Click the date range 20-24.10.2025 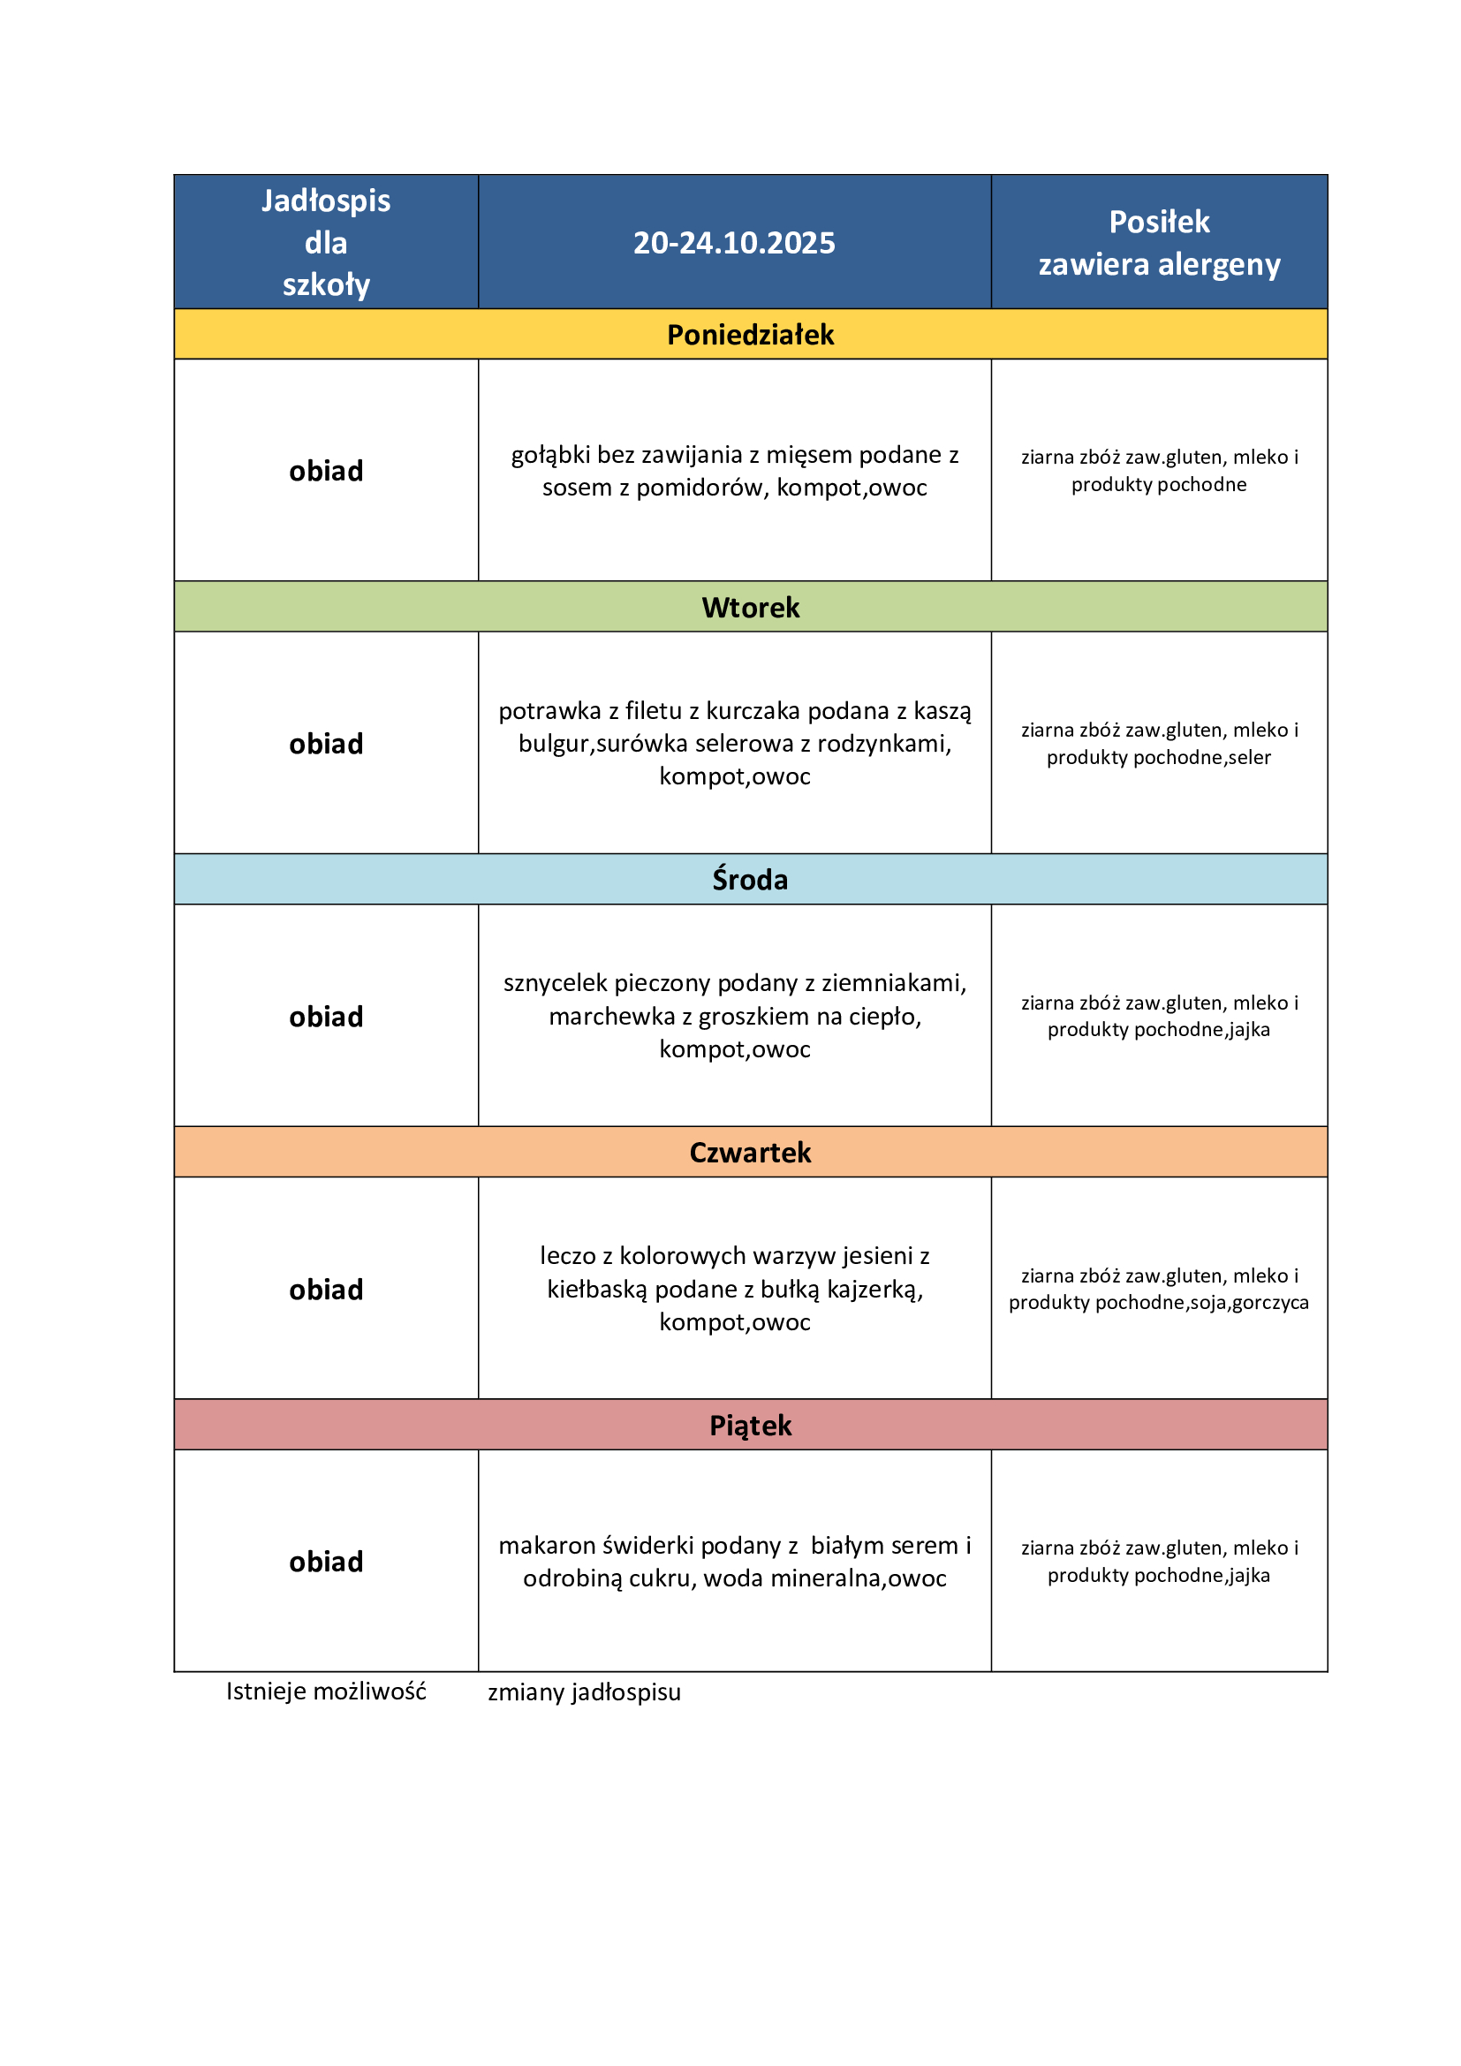click(x=734, y=243)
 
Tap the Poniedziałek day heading click(x=750, y=335)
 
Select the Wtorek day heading click(x=750, y=608)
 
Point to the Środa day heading click(x=750, y=879)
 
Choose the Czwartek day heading click(x=750, y=1153)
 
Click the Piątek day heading click(x=750, y=1426)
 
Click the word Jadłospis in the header click(x=326, y=201)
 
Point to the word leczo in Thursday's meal click(x=568, y=1255)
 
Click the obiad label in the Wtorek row click(x=326, y=744)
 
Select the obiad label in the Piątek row click(x=326, y=1563)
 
